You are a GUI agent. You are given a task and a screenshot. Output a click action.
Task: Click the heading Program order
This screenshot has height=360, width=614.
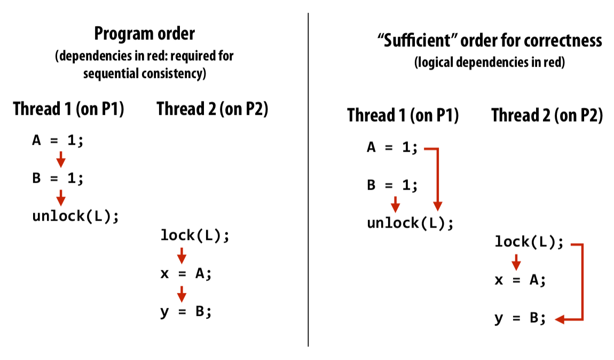coord(144,34)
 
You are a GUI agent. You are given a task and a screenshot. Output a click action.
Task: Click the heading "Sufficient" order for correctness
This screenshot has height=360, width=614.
coord(486,41)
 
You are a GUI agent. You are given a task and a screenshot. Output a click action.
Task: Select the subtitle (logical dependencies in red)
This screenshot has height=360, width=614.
coord(490,62)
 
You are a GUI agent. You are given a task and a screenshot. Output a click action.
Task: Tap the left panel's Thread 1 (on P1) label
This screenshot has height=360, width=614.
coord(69,109)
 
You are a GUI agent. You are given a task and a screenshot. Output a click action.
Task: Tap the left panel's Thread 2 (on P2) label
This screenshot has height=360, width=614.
coord(212,109)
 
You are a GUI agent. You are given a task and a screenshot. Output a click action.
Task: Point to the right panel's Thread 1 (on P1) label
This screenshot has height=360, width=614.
coord(403,115)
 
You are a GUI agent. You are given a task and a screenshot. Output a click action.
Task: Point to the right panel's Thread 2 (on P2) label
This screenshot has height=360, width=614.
coord(547,115)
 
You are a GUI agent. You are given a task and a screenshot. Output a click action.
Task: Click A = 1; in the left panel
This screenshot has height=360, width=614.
coord(58,141)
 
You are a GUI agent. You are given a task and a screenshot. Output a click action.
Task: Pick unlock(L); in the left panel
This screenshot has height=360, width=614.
coord(75,216)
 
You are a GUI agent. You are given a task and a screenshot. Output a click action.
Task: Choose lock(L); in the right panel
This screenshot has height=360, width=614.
coord(529,242)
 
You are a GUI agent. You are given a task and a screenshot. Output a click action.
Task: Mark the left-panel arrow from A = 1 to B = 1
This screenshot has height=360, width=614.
coord(61,159)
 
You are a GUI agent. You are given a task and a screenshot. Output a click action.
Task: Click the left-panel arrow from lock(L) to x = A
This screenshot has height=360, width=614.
coord(182,255)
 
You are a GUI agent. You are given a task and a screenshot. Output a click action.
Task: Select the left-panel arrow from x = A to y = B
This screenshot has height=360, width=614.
coord(182,293)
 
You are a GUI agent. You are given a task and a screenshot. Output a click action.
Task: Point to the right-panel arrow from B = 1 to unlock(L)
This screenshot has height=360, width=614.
coord(396,204)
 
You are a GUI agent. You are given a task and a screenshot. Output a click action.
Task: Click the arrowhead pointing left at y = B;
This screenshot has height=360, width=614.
coord(560,319)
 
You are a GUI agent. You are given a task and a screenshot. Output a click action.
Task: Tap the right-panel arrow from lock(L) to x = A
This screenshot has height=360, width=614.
coord(516,262)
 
